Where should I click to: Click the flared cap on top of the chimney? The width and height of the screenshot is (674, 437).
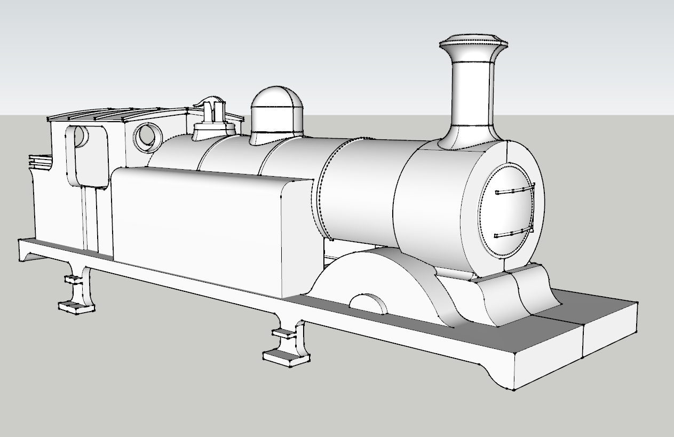point(473,43)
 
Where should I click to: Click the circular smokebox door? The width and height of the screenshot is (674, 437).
point(506,211)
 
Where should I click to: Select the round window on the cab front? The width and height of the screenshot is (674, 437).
point(148,137)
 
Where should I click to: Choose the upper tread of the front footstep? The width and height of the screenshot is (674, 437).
point(284,332)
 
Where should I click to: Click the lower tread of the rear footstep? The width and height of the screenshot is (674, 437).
point(75,306)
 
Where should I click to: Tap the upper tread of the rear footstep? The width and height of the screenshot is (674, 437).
point(72,279)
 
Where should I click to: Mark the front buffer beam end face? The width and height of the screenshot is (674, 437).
point(608,341)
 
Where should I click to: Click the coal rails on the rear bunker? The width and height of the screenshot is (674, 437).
point(40,159)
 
